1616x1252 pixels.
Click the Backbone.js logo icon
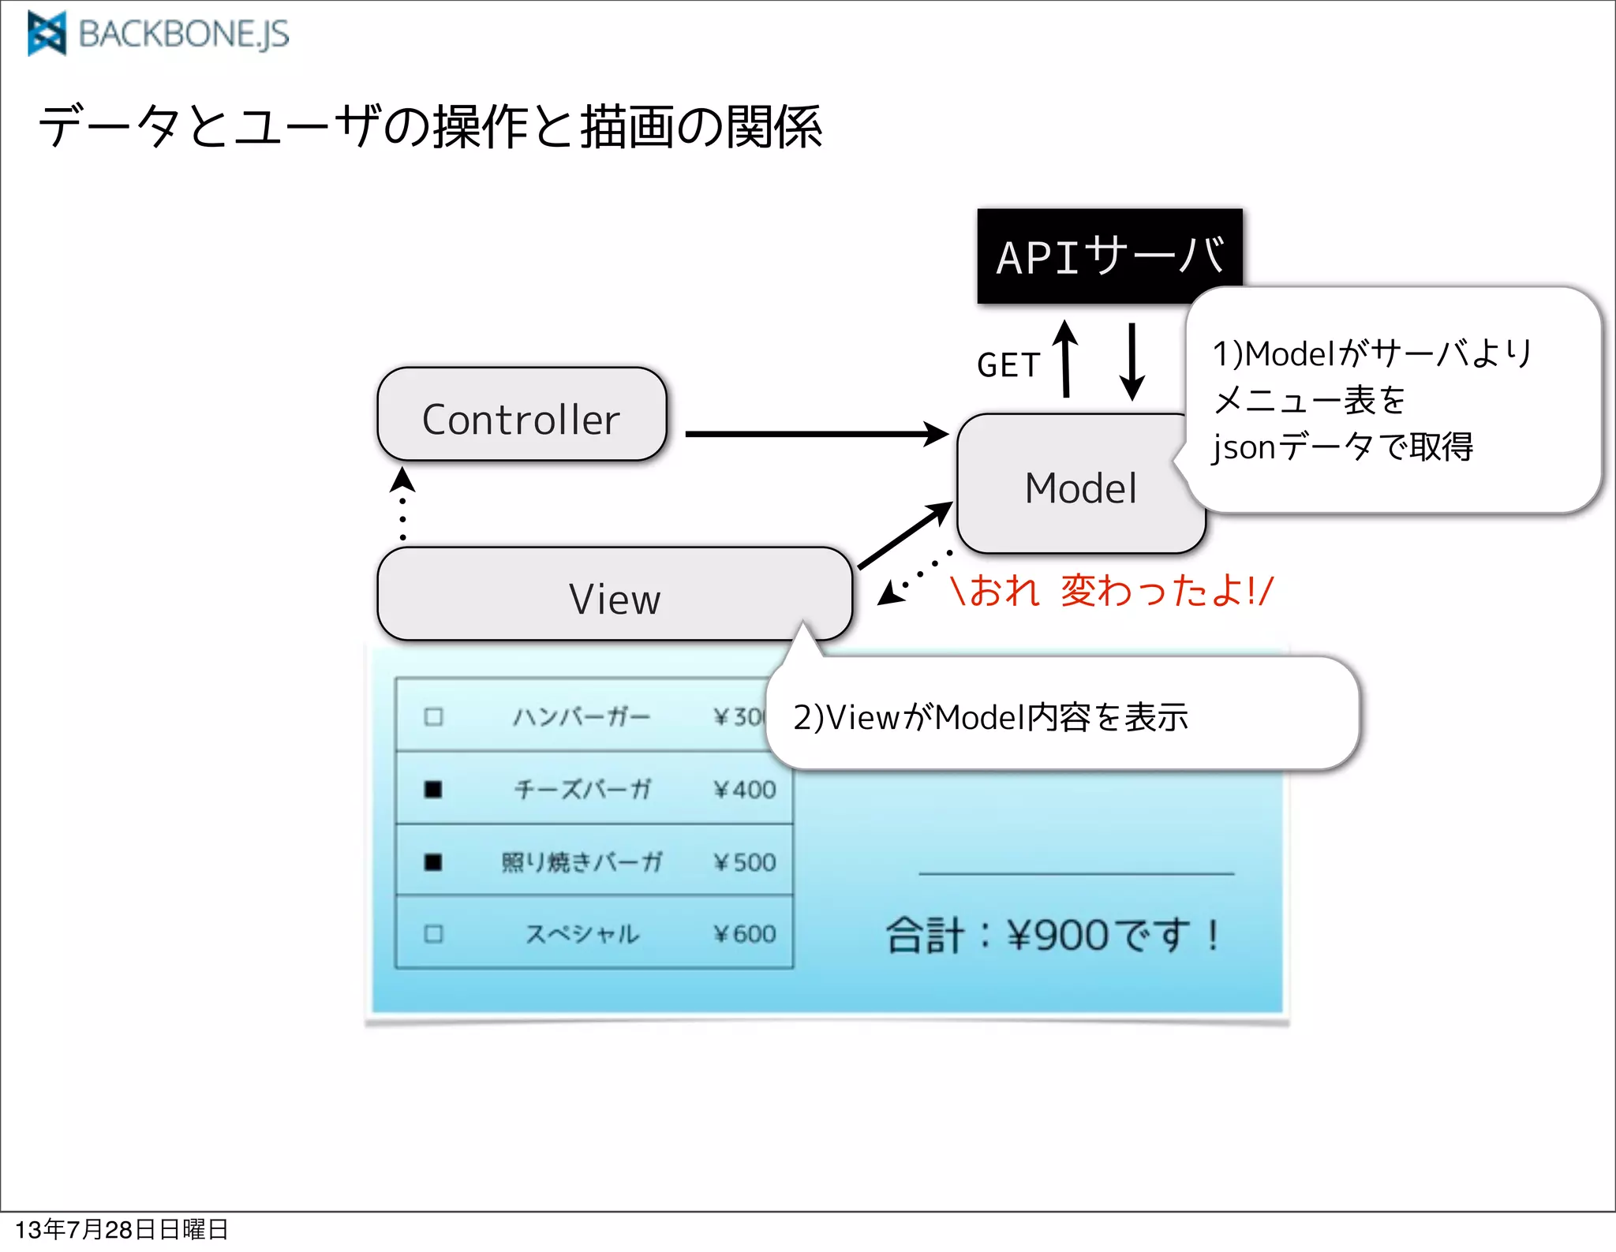coord(47,34)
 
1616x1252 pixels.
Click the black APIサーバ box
coord(1109,256)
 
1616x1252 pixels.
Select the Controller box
coord(522,417)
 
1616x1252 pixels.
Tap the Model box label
coord(1080,488)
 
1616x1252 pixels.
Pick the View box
coord(614,596)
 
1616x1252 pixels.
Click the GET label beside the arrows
coord(1008,365)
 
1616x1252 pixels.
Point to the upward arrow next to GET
coord(1065,358)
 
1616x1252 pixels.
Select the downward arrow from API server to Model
coord(1132,361)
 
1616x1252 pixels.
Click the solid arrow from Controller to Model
coord(817,434)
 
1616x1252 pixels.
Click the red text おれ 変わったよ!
coord(1112,591)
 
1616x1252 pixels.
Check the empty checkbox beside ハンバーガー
coord(433,716)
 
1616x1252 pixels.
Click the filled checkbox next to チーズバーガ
coord(433,789)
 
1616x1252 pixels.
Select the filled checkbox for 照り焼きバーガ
coord(433,861)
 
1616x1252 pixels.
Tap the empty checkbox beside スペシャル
coord(433,934)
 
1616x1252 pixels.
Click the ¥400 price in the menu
coord(744,790)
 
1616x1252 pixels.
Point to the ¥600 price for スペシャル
coord(744,934)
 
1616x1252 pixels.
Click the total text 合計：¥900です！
coord(1053,936)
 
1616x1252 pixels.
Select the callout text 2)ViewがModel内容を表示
coord(990,717)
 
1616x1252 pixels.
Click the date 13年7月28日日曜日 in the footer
coord(122,1229)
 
